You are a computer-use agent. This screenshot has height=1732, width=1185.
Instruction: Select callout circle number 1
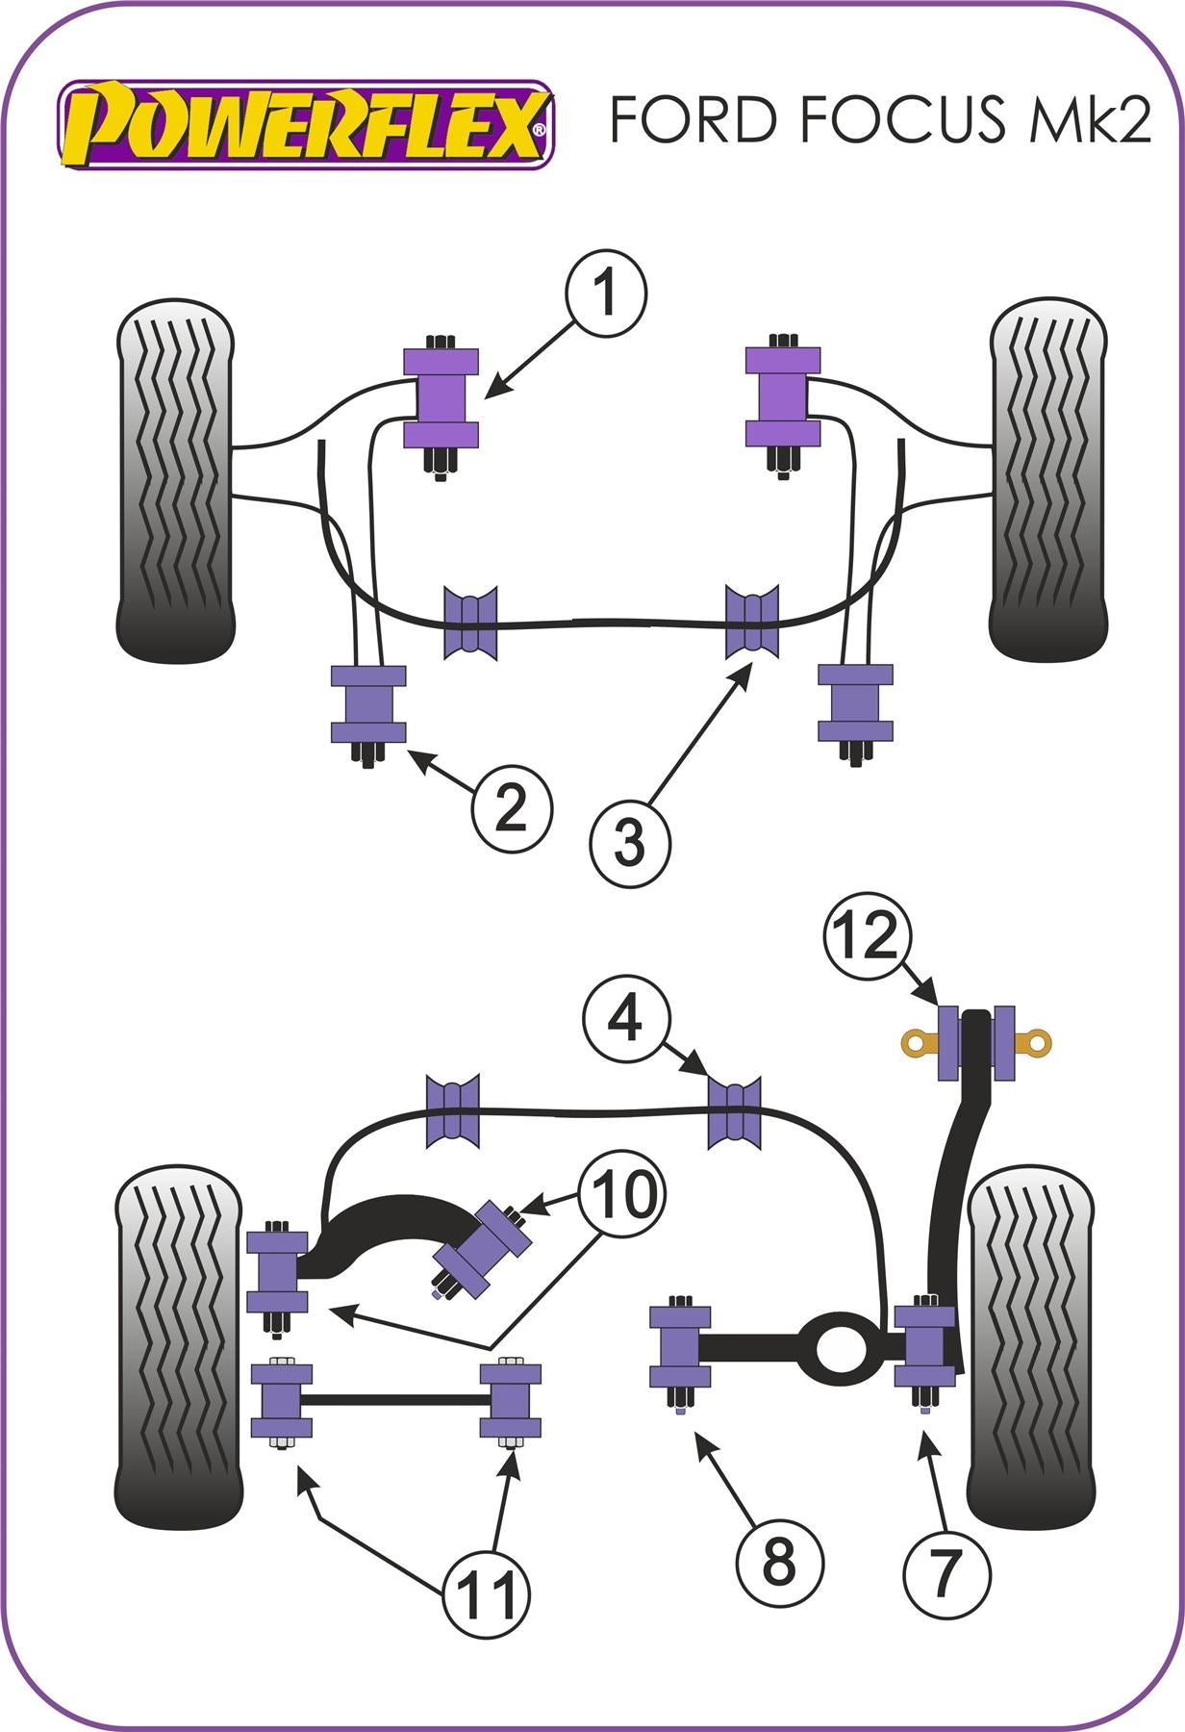coord(605,293)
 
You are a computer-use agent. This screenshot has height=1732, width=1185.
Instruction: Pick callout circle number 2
coord(511,809)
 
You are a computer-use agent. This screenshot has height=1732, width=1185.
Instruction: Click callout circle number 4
coord(625,1018)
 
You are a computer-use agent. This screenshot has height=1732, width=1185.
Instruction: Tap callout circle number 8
coord(779,1563)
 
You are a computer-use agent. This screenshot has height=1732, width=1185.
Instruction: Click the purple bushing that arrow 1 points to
coord(441,397)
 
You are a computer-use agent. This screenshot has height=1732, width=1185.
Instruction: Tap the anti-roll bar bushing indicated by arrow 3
coord(752,622)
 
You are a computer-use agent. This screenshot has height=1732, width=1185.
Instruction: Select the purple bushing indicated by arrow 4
coord(735,1113)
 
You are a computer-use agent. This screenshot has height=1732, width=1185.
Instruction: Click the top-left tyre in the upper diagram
coord(175,479)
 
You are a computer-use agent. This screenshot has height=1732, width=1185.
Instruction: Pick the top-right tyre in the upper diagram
coord(1048,479)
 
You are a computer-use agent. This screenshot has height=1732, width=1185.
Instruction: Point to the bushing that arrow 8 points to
coord(680,1347)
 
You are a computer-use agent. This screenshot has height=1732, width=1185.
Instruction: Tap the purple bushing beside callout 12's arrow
coord(947,1042)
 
